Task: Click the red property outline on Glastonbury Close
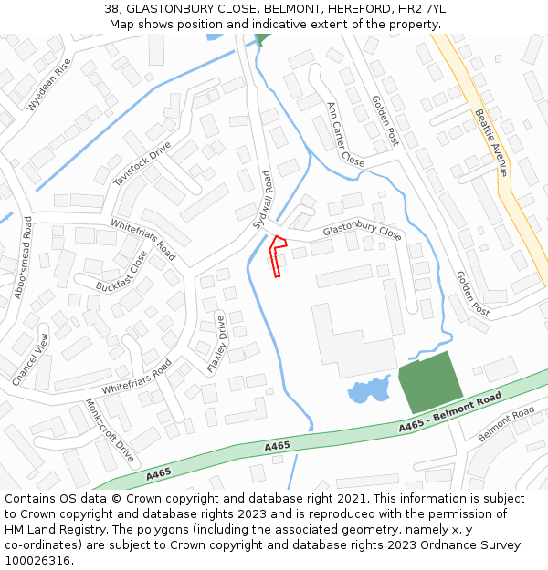(x=279, y=254)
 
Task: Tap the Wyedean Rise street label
(x=49, y=85)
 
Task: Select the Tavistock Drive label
(x=142, y=164)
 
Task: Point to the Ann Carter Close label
(x=345, y=134)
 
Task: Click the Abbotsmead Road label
(x=22, y=257)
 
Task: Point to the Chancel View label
(x=31, y=358)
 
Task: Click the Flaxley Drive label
(x=216, y=343)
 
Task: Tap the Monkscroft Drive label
(x=110, y=430)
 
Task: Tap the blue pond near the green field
(x=369, y=392)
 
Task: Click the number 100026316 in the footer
(x=37, y=561)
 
